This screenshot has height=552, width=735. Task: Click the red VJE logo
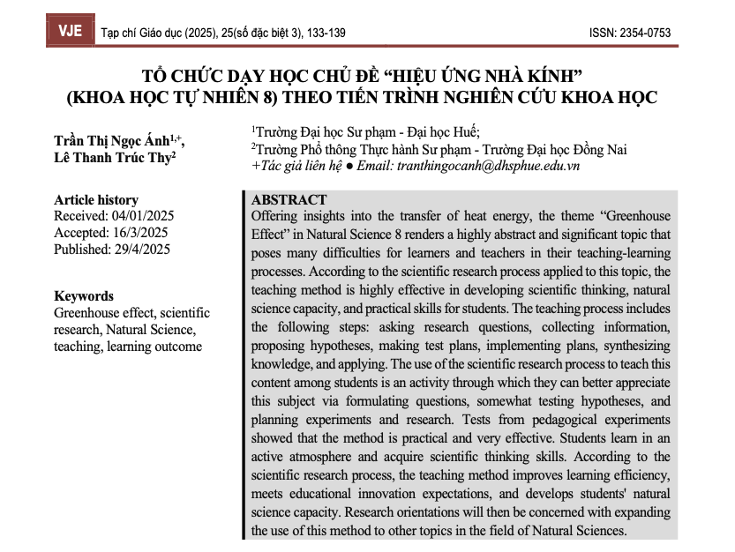[x=70, y=32]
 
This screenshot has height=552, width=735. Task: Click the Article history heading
[x=95, y=200]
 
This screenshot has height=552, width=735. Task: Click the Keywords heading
[x=84, y=296]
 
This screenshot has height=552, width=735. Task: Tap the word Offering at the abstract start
[x=277, y=216]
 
